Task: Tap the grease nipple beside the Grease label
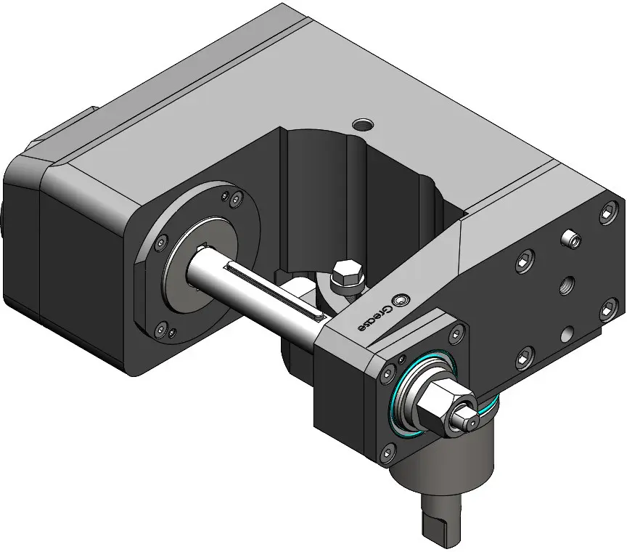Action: (401, 301)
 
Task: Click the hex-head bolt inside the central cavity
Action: (347, 277)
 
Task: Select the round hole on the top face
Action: (363, 125)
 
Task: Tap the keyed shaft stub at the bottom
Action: (441, 516)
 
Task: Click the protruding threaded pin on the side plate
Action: (570, 239)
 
